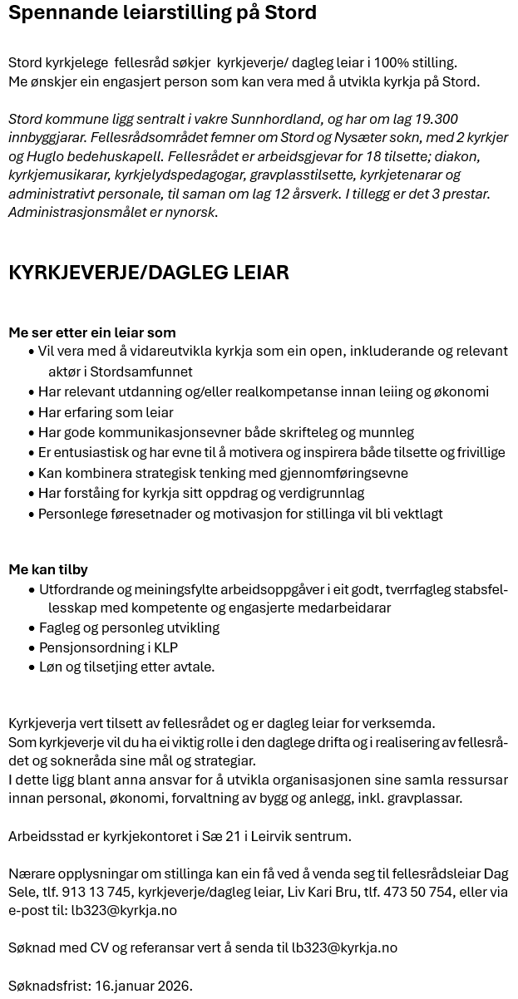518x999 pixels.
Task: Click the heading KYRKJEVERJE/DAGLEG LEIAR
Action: (149, 273)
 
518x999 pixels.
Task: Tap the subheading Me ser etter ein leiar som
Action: (92, 332)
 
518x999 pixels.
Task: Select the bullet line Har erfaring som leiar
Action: (106, 412)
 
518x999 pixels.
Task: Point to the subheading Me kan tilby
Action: (48, 569)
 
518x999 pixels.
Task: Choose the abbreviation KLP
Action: (165, 647)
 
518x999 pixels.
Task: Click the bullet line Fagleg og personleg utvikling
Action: (129, 627)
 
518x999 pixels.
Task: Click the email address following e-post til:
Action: (124, 910)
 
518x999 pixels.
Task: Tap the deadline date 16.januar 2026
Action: (143, 986)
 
